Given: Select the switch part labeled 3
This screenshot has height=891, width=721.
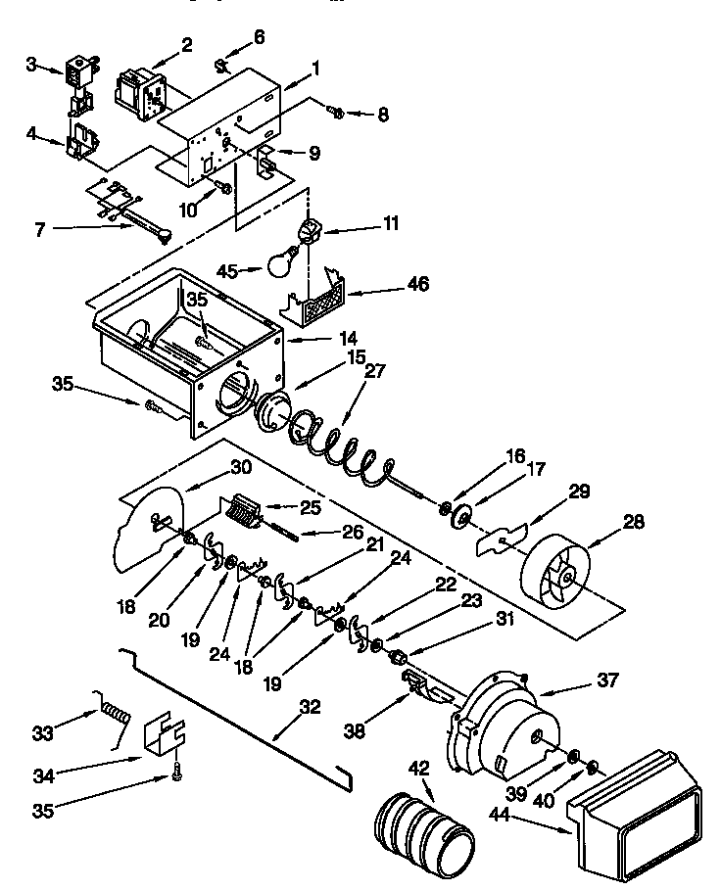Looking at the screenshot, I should [75, 70].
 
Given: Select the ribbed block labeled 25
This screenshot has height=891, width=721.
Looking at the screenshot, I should [241, 510].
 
